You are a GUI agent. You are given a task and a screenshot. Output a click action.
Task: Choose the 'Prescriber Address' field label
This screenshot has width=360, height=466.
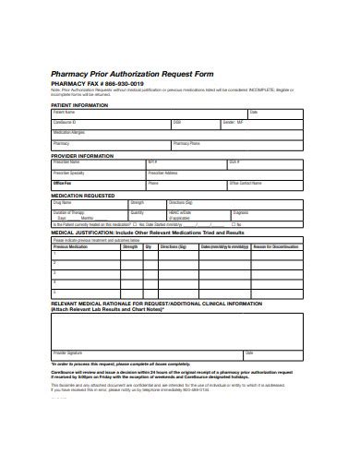189,173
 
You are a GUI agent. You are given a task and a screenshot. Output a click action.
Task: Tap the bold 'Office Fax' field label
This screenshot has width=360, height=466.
64,183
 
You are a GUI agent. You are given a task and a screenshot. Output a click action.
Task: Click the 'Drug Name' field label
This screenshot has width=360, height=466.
62,202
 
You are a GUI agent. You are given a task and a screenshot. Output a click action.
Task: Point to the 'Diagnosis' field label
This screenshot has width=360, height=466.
243,213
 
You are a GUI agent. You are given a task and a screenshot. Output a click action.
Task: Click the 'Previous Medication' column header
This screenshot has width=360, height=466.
72,246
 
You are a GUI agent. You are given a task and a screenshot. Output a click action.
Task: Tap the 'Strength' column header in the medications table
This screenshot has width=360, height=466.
130,246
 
